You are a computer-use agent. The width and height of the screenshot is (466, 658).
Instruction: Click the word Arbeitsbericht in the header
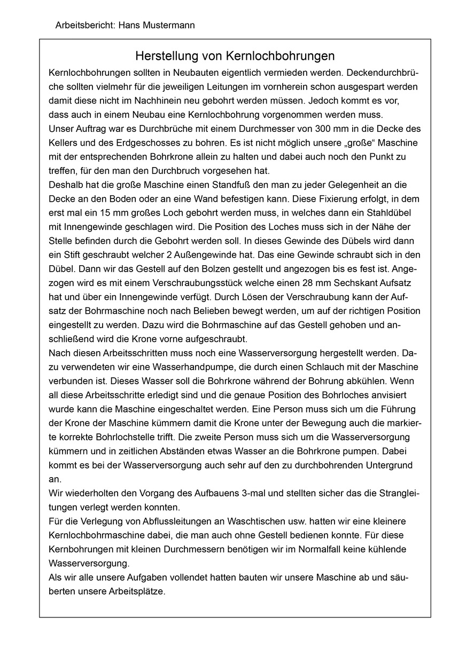(83, 25)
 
